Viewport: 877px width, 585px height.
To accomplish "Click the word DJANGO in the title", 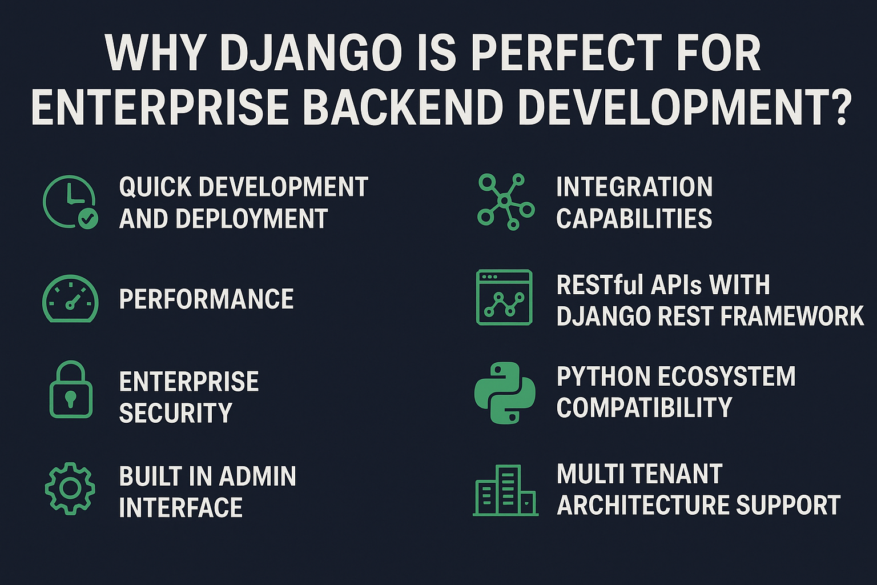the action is (311, 53).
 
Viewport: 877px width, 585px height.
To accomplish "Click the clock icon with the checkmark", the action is (70, 202).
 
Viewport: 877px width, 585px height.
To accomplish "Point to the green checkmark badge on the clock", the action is (88, 219).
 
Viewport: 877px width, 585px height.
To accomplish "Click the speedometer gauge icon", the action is (70, 299).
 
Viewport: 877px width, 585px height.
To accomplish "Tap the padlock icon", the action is (71, 389).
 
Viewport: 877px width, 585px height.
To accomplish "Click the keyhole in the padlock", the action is (70, 399).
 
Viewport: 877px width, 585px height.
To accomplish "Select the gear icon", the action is (70, 488).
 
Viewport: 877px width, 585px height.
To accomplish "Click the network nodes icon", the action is (505, 202).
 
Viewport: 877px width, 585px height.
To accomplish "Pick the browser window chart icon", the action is (504, 298).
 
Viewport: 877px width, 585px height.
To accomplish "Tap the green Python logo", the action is (505, 392).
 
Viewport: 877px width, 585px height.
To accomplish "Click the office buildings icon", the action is (505, 490).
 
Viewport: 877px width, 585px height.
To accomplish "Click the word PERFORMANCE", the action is (206, 299).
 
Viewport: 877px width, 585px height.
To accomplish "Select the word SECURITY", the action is (176, 412).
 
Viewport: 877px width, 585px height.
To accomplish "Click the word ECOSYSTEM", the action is (727, 376).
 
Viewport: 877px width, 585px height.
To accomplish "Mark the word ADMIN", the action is (258, 476).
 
